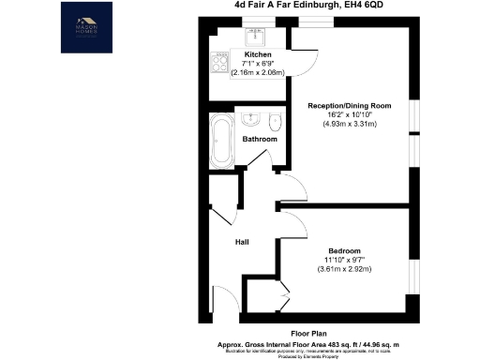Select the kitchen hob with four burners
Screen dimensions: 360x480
(219, 64)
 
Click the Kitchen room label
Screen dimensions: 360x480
(259, 54)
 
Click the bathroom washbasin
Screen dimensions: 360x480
(252, 120)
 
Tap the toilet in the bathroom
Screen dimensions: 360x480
(274, 123)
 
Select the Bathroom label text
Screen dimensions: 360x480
(260, 140)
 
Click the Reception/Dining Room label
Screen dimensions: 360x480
(348, 106)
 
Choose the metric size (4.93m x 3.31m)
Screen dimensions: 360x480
(348, 124)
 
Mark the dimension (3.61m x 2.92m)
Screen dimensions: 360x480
(346, 269)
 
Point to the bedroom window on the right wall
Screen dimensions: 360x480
(413, 272)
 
